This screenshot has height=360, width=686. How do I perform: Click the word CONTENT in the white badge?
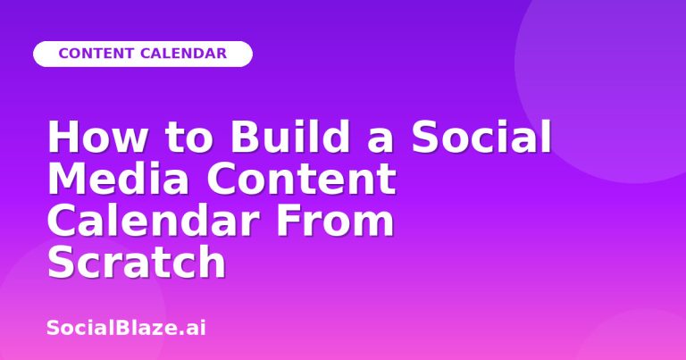click(x=96, y=54)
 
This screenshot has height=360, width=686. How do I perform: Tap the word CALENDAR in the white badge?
click(x=184, y=54)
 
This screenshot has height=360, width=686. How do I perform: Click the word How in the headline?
click(x=97, y=137)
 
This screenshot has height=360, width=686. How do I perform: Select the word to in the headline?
click(x=189, y=138)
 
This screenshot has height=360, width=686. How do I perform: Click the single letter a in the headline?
click(x=381, y=140)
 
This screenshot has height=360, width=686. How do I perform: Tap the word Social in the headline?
click(x=481, y=136)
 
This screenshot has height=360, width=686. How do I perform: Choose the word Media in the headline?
click(x=118, y=178)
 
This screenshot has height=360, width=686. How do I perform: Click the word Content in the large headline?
click(x=301, y=178)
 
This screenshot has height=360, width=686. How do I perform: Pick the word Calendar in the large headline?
click(x=152, y=220)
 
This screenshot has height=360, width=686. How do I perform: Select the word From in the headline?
click(x=335, y=220)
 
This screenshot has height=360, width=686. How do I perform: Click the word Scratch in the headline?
click(x=136, y=262)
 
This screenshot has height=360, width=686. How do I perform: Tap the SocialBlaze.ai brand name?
click(x=126, y=328)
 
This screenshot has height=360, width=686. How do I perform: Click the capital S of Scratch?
click(x=61, y=262)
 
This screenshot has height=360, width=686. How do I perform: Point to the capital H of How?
click(x=62, y=137)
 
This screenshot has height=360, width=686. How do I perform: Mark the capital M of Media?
click(x=65, y=179)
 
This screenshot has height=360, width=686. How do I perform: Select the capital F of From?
click(x=288, y=221)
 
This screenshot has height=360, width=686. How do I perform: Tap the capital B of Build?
click(x=245, y=137)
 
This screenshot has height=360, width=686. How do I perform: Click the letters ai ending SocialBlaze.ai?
click(x=197, y=328)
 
